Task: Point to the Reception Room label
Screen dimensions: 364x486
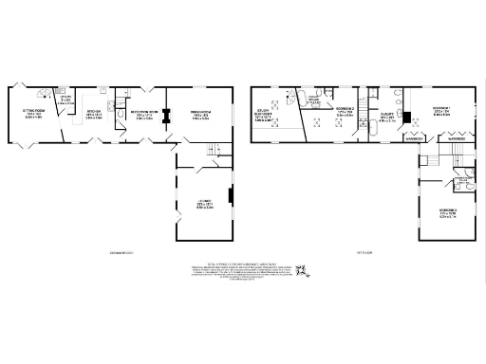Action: click(142, 116)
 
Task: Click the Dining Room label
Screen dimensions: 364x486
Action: click(200, 116)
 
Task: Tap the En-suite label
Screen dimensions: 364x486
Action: click(386, 118)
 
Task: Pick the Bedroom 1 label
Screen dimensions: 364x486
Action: click(439, 112)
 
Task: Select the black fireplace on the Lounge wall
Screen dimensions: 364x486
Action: click(231, 199)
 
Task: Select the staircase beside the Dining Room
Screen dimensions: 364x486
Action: click(214, 152)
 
